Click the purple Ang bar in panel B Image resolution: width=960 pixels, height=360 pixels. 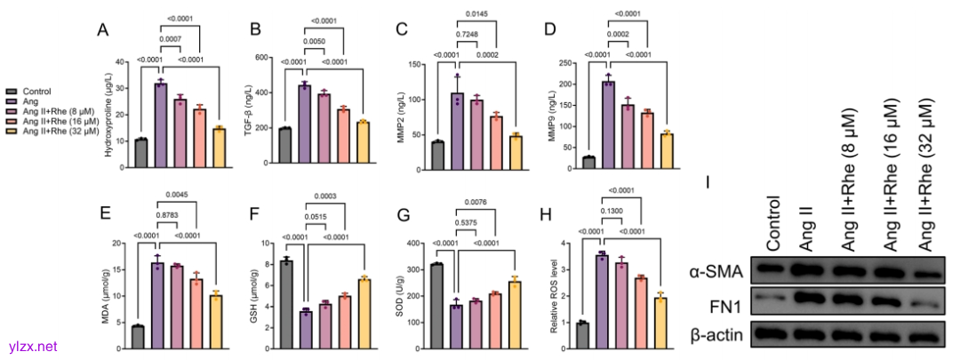coord(304,124)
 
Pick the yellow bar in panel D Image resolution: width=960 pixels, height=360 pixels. coord(642,149)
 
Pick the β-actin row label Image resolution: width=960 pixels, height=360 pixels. coord(721,334)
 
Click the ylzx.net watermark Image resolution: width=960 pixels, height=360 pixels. coord(30,346)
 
